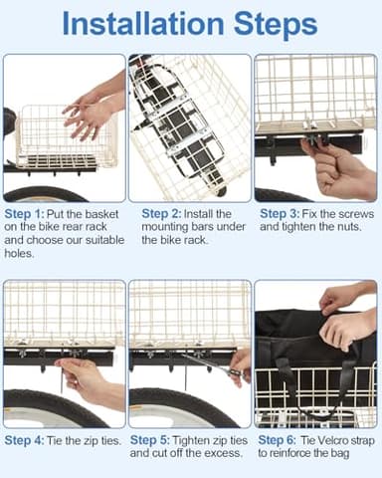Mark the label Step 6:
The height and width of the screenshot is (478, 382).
tap(280, 440)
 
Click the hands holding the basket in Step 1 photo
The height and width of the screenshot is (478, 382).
tap(92, 112)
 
